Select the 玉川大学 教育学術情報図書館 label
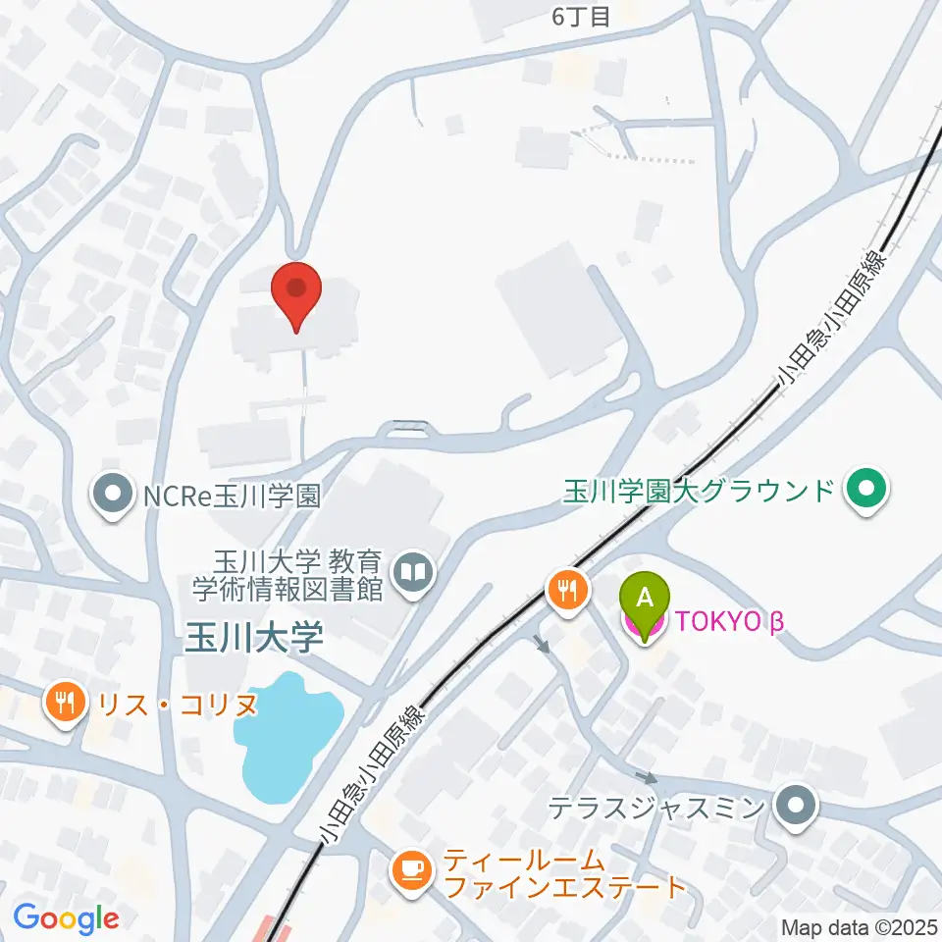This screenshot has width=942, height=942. (288, 575)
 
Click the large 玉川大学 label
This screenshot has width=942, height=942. (254, 640)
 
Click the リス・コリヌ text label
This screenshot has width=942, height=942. (173, 704)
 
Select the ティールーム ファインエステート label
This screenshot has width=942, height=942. (563, 875)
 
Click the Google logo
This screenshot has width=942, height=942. (66, 918)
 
